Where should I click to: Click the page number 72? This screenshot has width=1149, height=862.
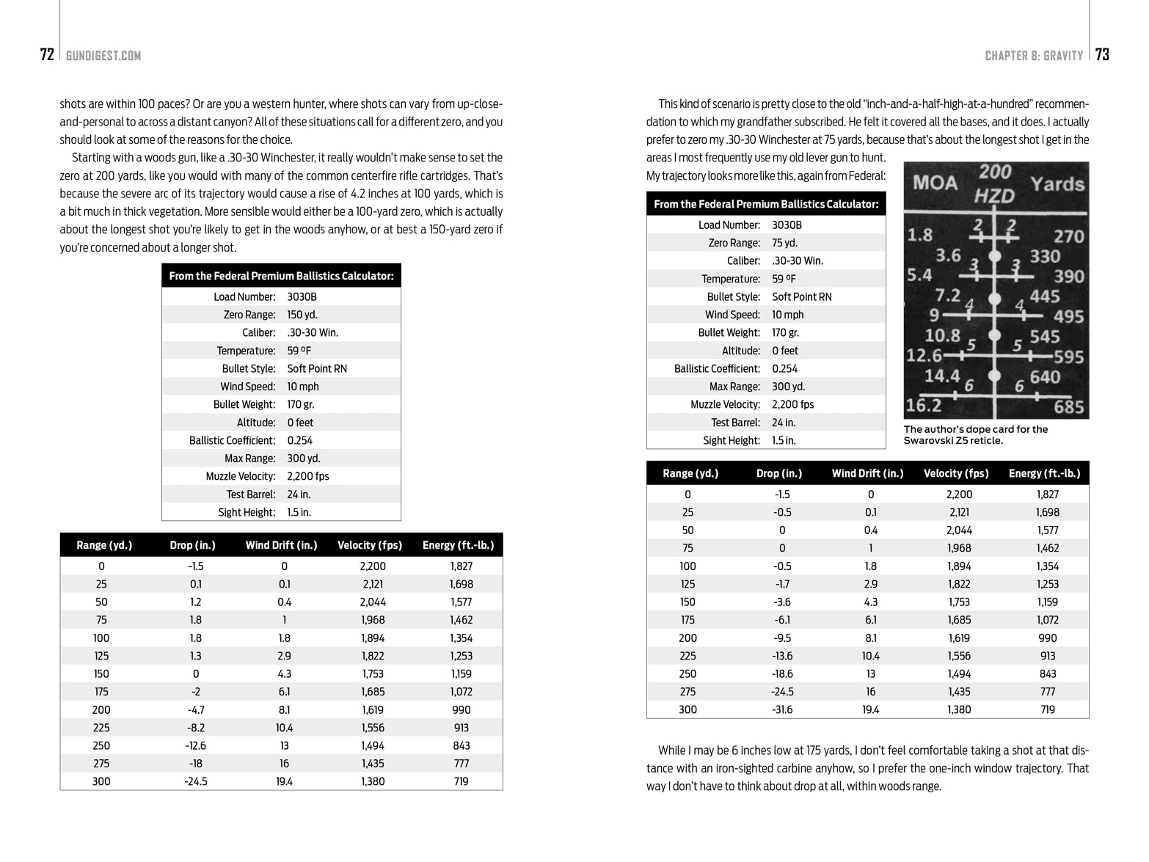[47, 55]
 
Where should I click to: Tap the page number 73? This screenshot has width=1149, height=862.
[1102, 55]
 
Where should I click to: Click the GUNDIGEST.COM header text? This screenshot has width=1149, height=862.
[103, 56]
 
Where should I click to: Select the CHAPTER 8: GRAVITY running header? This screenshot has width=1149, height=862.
[1034, 56]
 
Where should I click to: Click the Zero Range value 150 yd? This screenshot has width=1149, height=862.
[302, 315]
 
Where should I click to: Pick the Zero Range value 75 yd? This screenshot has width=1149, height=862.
[784, 243]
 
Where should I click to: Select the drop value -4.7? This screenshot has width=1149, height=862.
[196, 710]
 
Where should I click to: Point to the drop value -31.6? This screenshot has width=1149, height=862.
[781, 710]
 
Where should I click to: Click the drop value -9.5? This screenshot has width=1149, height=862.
[781, 638]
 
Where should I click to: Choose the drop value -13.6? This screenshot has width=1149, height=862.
[781, 656]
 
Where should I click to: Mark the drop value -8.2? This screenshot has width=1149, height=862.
[196, 728]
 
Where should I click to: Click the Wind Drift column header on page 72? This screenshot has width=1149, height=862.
[281, 545]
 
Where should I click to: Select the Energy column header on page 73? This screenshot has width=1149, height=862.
[1044, 473]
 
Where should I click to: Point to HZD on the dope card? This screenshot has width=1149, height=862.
[994, 196]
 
